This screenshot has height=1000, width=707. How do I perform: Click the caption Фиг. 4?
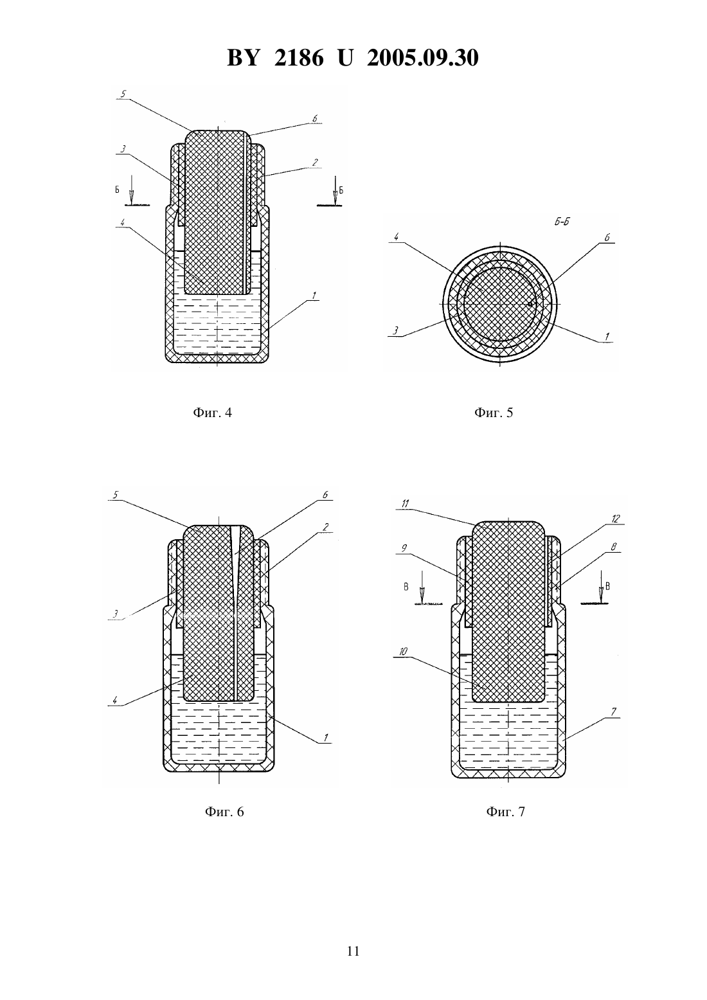pos(212,413)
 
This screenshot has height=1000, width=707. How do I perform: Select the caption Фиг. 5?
pos(494,413)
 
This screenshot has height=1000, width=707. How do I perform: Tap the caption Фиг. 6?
pos(224,812)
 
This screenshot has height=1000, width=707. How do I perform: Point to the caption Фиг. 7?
pos(506,812)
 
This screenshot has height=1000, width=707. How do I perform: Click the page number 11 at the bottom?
pos(353,951)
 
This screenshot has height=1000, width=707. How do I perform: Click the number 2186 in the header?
pos(299,58)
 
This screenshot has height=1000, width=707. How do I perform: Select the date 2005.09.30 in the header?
pos(423,58)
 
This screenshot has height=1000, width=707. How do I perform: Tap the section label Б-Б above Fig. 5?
pos(562,222)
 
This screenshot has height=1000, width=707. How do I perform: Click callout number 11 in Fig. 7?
pos(406,504)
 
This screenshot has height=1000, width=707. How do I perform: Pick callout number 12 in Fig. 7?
pos(616,519)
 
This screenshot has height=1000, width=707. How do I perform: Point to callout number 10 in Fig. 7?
pos(403,652)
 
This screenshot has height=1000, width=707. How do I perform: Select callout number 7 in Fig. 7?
pos(614,711)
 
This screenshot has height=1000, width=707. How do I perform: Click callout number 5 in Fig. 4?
pos(123,94)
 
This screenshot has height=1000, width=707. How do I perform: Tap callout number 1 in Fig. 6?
pos(326,738)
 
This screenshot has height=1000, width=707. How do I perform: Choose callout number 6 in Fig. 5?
pos(607,238)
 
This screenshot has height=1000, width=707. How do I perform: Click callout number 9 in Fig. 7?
pos(404,549)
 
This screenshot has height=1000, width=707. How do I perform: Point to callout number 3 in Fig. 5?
pos(395,331)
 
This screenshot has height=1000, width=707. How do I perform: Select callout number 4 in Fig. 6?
pos(115,701)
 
